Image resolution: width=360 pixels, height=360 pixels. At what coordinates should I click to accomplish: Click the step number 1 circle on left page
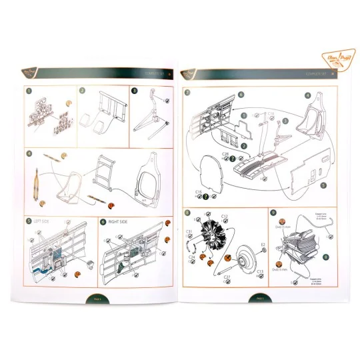(x=29, y=91)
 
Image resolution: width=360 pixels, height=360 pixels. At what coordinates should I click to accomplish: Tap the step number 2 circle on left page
(x=82, y=91)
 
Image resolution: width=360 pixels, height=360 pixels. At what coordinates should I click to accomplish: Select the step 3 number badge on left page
(x=134, y=91)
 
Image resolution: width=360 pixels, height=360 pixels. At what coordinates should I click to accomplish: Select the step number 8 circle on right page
(x=187, y=213)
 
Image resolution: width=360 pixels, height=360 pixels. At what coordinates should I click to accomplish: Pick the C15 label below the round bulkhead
(x=199, y=191)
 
